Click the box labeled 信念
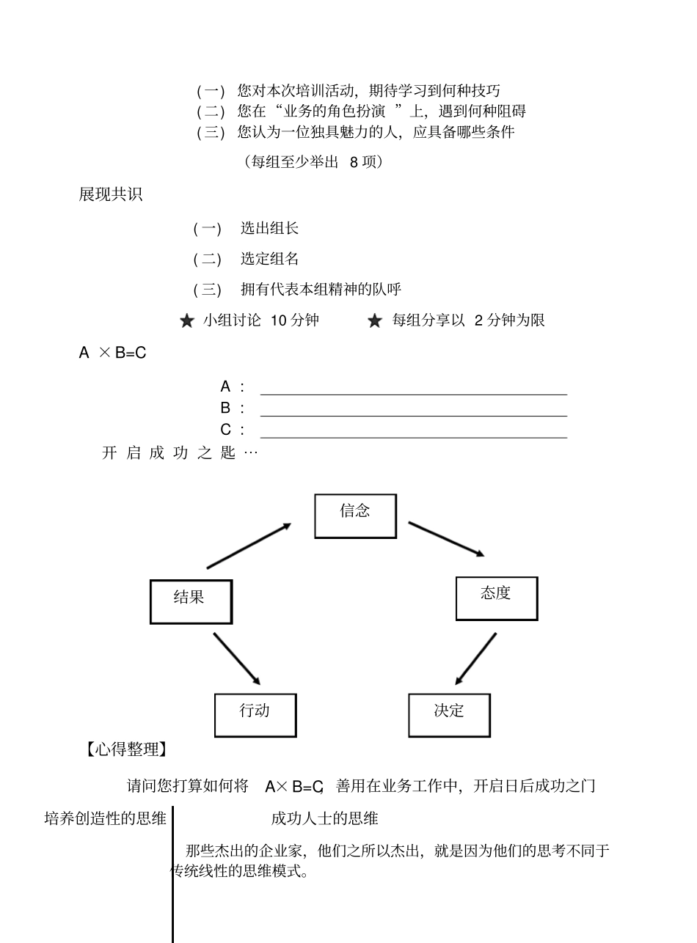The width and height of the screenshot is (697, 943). click(x=355, y=516)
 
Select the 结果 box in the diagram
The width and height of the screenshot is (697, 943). click(x=191, y=602)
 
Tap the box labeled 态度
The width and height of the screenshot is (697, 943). click(x=497, y=598)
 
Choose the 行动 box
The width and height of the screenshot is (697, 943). click(x=255, y=715)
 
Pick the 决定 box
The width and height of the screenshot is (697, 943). click(x=449, y=715)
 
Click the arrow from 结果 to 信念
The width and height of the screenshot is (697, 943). click(x=249, y=546)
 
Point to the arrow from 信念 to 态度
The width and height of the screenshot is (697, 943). click(x=446, y=539)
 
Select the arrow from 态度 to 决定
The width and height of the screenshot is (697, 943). click(x=475, y=658)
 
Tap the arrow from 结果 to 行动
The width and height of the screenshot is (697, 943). click(x=237, y=658)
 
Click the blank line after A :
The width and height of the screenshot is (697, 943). click(x=413, y=394)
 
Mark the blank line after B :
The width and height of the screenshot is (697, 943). click(x=413, y=416)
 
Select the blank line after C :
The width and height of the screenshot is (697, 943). click(x=413, y=437)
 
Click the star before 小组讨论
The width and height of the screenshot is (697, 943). click(x=187, y=321)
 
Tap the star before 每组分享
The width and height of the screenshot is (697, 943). click(x=375, y=321)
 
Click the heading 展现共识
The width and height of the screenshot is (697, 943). click(x=111, y=195)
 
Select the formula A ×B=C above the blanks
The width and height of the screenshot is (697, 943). click(x=112, y=353)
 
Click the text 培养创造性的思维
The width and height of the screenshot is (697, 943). click(x=106, y=818)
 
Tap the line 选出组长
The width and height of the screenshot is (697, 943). click(x=269, y=228)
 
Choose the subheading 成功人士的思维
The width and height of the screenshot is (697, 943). click(x=324, y=818)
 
